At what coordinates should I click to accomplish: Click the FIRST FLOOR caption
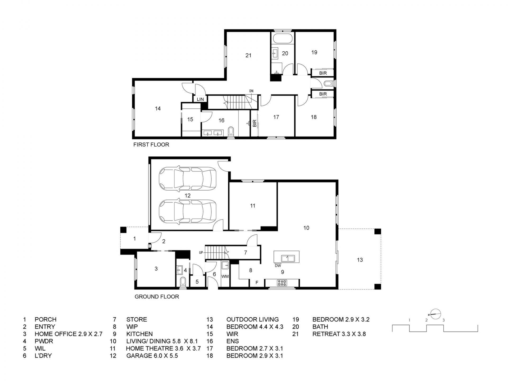pos(151,145)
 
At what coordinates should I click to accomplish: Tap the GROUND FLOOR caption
pos(157,297)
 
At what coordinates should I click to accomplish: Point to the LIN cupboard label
pos(200,99)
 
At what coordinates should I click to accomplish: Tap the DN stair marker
pos(251,91)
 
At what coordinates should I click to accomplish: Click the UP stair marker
pos(201,253)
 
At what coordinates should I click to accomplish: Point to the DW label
pos(278,266)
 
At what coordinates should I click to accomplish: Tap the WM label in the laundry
pos(225,276)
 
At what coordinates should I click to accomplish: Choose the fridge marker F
pos(257,283)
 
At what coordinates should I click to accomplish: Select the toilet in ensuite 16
pos(231,132)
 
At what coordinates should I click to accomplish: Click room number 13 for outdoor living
pos(360,260)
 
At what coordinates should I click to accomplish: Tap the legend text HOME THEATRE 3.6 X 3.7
pos(163,348)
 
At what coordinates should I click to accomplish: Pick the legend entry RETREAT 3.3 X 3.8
pos(339,334)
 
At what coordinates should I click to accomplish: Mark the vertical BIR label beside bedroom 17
pos(255,124)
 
